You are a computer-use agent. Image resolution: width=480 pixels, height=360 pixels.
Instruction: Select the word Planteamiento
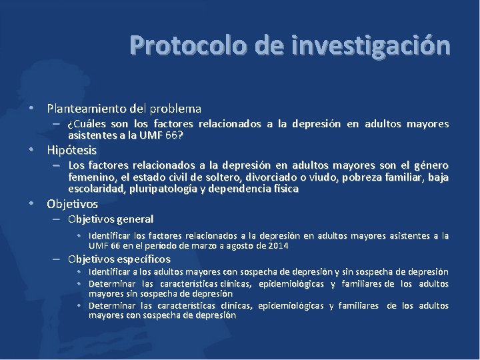(x=90, y=108)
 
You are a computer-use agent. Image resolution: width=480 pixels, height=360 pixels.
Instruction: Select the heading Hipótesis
(x=71, y=150)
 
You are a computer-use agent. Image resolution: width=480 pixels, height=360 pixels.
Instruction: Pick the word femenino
(x=91, y=177)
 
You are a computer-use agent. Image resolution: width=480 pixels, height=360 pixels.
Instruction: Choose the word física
(x=283, y=189)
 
